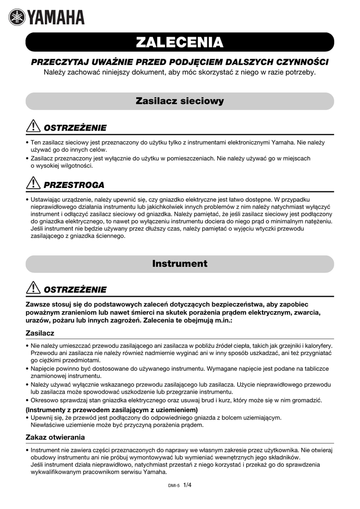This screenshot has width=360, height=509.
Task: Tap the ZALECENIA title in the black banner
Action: [180, 43]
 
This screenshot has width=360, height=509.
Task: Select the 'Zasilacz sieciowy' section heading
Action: [180, 101]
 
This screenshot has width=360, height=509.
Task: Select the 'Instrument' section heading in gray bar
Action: [180, 263]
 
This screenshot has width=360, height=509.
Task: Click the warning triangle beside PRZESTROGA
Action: [34, 184]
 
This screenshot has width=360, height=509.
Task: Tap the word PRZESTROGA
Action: [74, 185]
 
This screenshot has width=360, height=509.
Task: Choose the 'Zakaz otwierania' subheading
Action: [55, 437]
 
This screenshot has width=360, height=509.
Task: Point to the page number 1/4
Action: [187, 485]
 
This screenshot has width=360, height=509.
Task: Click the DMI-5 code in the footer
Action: [174, 486]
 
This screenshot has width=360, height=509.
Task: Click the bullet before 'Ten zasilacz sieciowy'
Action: [27, 143]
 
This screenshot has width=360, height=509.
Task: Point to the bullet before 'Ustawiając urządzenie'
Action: [27, 199]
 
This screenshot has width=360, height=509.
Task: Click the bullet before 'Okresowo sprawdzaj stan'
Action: [27, 401]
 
